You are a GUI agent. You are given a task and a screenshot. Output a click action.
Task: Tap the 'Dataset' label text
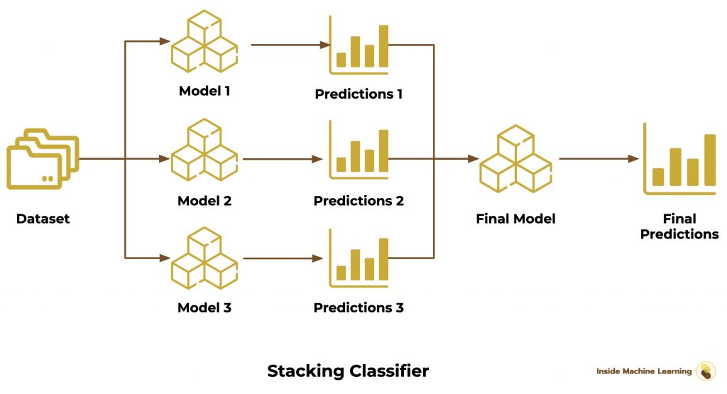tap(43, 219)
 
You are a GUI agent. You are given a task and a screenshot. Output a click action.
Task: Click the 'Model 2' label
tap(204, 201)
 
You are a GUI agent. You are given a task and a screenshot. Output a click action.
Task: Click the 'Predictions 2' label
tap(359, 201)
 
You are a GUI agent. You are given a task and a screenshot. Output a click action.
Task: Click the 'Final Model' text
tap(515, 219)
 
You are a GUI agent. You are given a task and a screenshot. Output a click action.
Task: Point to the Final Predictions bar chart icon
tap(679, 159)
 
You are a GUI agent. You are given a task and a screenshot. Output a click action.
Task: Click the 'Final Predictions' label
tap(679, 226)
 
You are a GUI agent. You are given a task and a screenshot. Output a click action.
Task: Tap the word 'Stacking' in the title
tap(306, 371)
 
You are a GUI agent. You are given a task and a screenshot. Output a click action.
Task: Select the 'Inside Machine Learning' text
tap(643, 371)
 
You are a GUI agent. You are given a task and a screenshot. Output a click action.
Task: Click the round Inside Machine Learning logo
tap(706, 371)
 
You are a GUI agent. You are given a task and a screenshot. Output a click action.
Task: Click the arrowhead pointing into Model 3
tap(165, 258)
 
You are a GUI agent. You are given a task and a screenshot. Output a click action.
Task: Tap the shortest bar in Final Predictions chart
tap(657, 177)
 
